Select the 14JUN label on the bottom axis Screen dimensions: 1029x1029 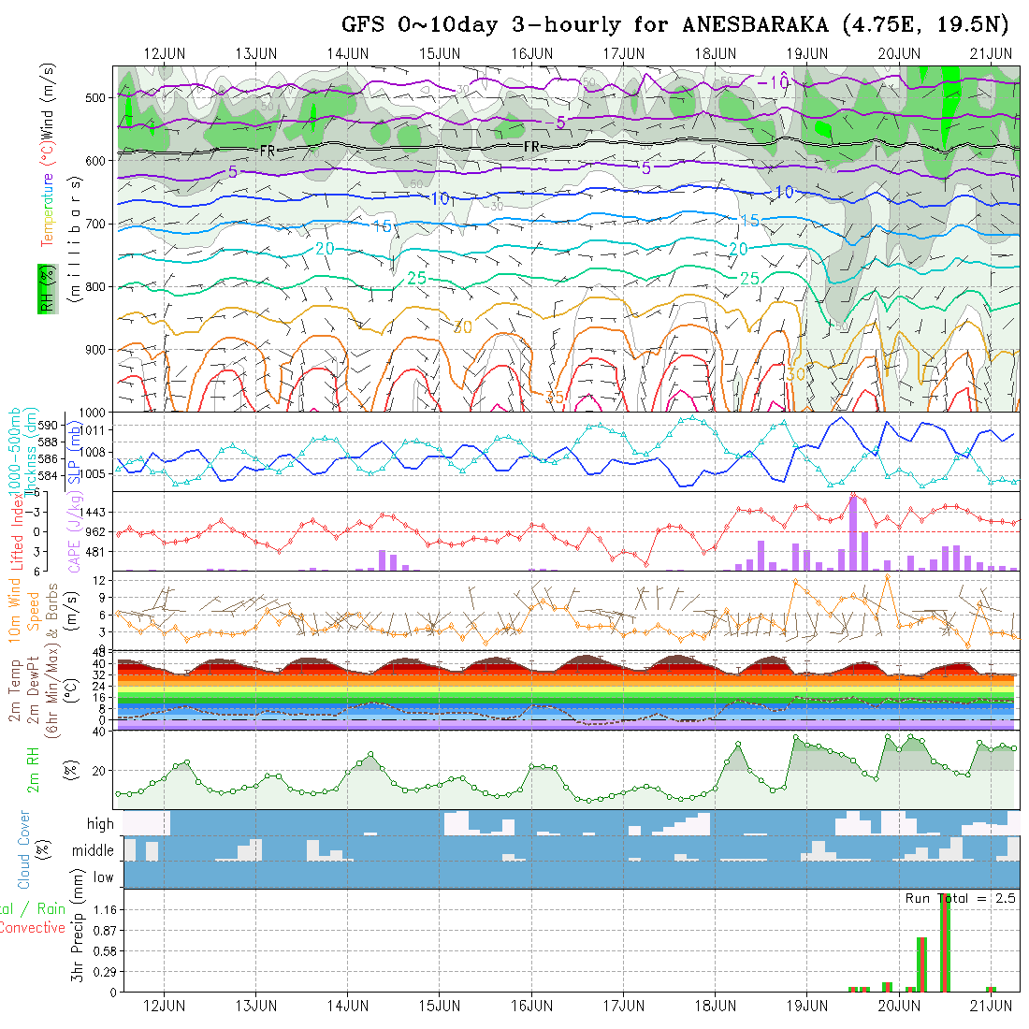coord(347,1007)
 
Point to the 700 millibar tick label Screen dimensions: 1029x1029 coord(96,224)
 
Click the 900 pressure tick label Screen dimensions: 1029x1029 coord(96,350)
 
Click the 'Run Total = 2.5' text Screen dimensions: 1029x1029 coord(960,898)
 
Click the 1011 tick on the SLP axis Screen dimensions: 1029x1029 coord(96,430)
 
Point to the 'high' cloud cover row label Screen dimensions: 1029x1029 coord(100,824)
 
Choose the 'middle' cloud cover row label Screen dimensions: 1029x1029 coord(94,850)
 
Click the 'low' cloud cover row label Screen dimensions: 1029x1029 coord(103,877)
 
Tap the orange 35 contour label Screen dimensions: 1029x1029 coord(555,397)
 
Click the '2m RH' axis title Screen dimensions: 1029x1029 coord(34,769)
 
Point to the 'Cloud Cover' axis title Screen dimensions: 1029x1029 coord(24,848)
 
